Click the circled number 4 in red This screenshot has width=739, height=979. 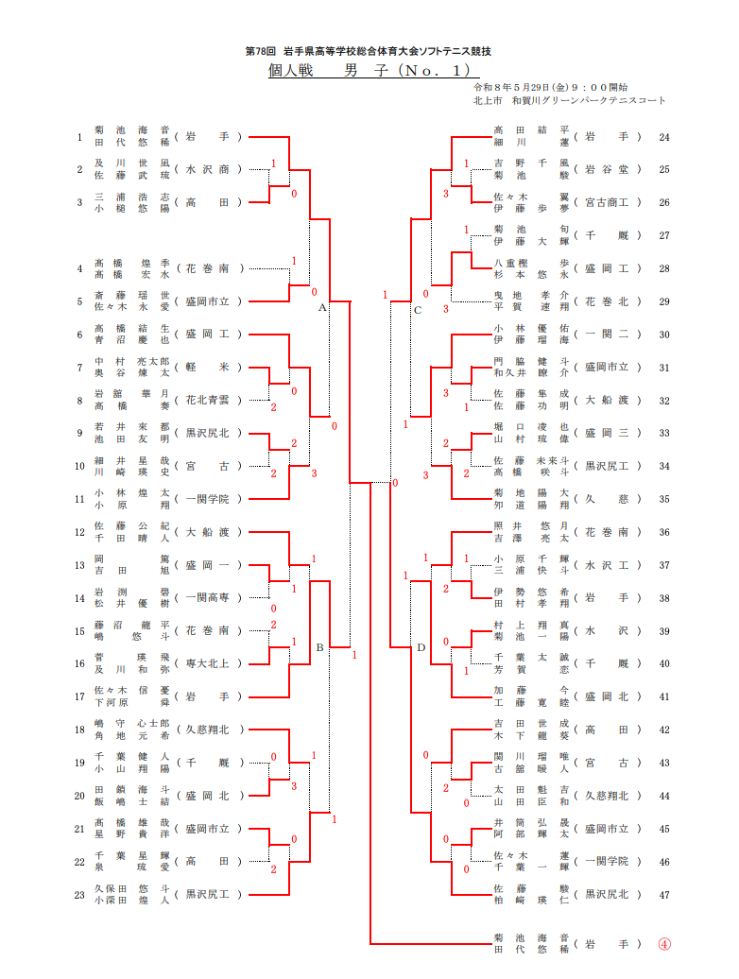(664, 944)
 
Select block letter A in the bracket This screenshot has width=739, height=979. (322, 307)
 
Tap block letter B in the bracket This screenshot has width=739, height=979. (319, 647)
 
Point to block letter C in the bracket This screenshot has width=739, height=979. (418, 310)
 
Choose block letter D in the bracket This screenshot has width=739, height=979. (421, 647)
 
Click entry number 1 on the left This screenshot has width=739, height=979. (79, 137)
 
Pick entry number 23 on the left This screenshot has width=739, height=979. (79, 895)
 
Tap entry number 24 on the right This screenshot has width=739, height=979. (664, 137)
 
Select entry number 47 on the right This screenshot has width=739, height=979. (664, 895)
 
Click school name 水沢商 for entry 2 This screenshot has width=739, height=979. (207, 169)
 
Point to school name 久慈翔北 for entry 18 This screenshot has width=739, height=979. (207, 730)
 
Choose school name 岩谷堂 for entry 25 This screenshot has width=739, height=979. (607, 169)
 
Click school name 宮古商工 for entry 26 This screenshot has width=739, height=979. (607, 202)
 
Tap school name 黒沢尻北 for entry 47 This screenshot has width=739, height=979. (607, 894)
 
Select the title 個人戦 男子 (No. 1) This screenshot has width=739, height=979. (372, 70)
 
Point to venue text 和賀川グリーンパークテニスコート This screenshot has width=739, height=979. (589, 100)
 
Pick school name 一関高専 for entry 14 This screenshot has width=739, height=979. (207, 597)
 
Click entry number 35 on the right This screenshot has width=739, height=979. (664, 499)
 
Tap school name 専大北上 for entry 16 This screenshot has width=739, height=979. (207, 663)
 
